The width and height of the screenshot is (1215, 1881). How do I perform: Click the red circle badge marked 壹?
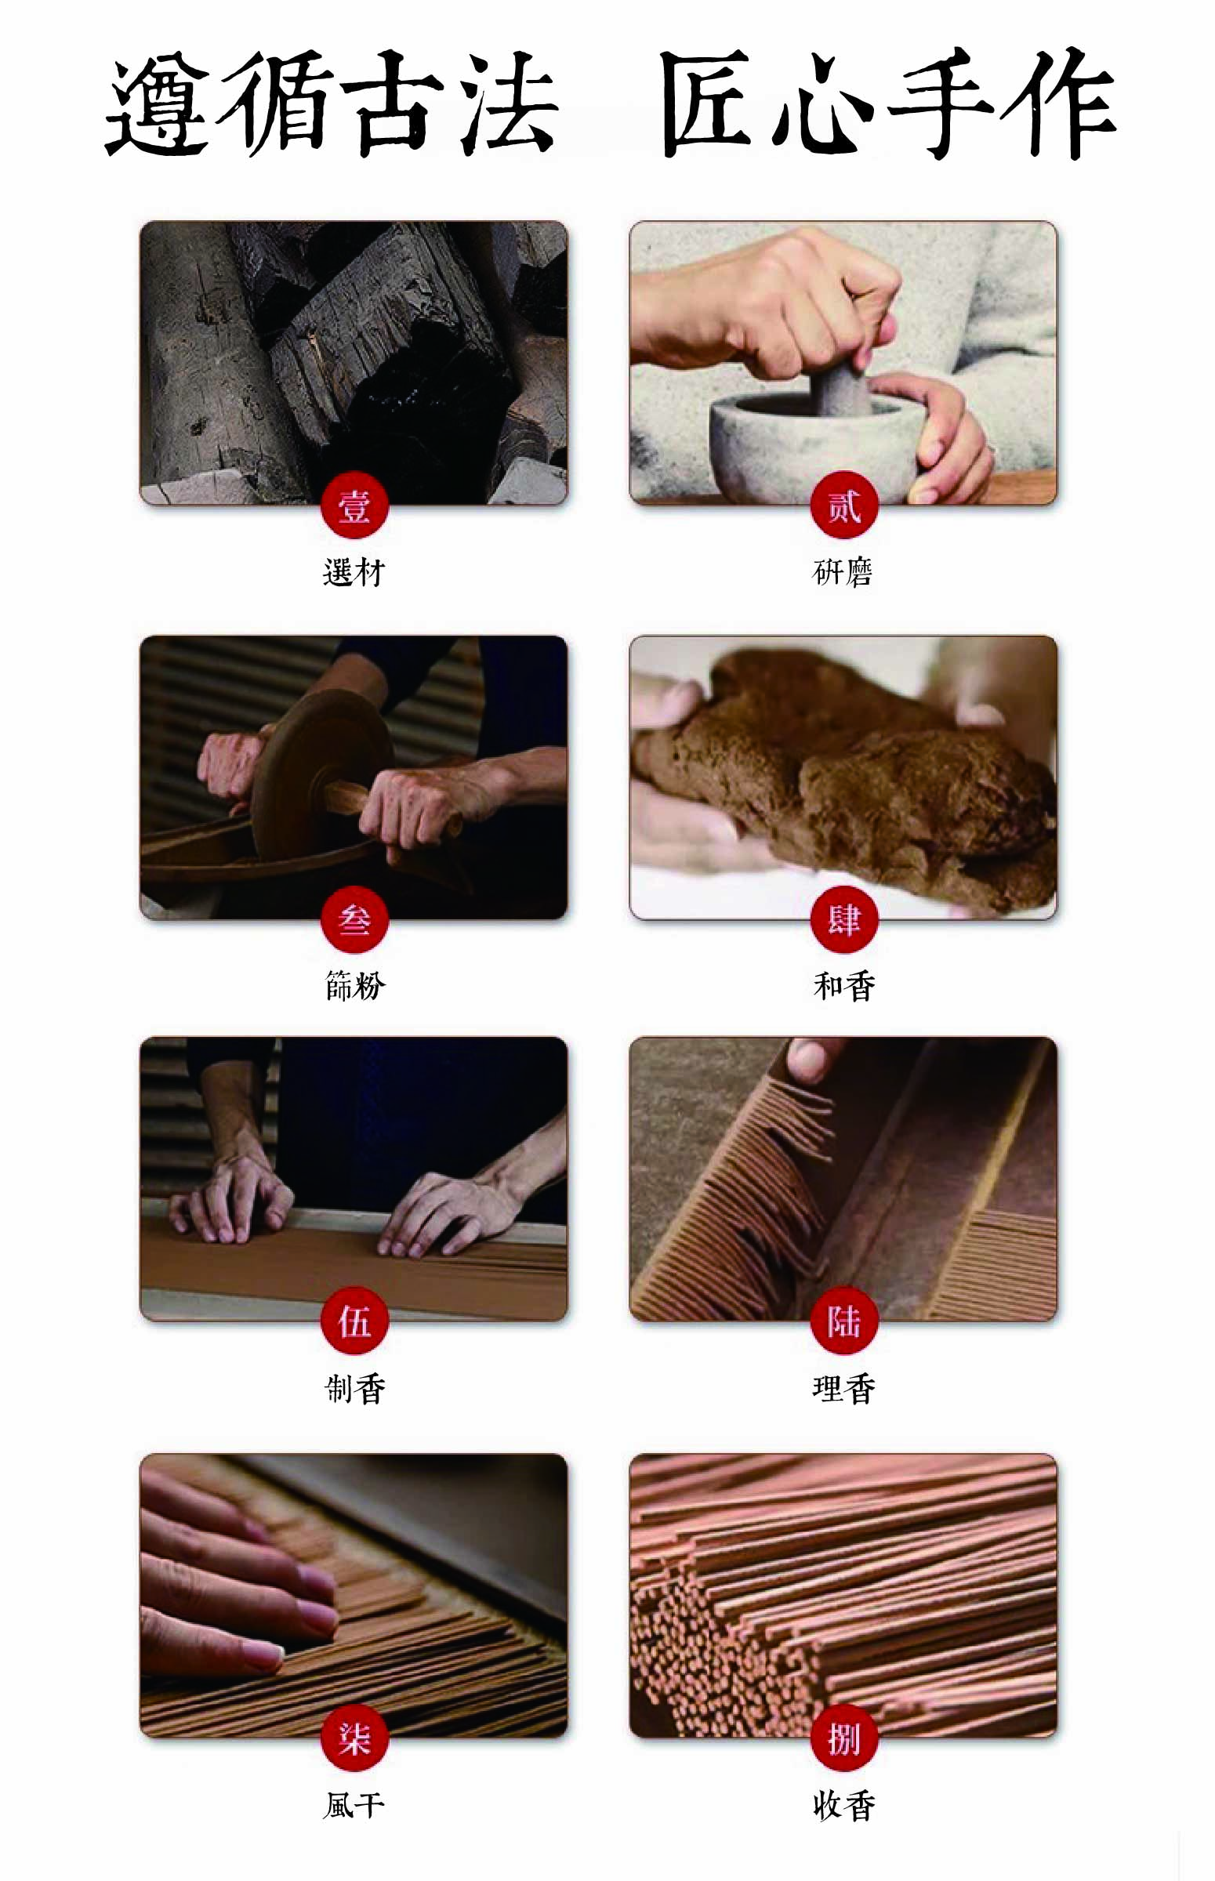354,505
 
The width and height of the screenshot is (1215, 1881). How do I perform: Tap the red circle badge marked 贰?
844,505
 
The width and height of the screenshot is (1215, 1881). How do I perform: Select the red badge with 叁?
354,919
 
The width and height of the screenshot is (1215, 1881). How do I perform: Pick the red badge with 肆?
844,919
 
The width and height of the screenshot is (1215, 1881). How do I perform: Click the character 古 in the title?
393,103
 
